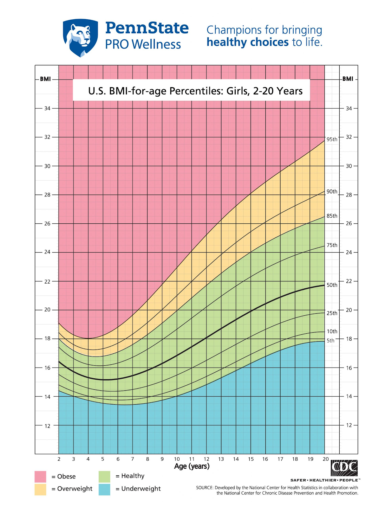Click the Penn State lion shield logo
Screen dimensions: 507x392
[x=80, y=37]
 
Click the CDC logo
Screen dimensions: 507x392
[x=344, y=468]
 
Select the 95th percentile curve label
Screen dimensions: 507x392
[x=332, y=139]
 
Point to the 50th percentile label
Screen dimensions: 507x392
[x=332, y=285]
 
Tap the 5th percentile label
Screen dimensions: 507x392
[x=330, y=341]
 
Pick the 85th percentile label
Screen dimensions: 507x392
[x=332, y=216]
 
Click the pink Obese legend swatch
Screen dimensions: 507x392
[x=40, y=477]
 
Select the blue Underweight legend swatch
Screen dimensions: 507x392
[x=104, y=489]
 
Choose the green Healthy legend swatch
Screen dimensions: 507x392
[x=104, y=476]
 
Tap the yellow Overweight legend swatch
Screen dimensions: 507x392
[x=40, y=489]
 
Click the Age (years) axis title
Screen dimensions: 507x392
[x=192, y=466]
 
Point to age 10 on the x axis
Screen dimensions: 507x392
[x=177, y=459]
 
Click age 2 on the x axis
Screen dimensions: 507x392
[x=59, y=459]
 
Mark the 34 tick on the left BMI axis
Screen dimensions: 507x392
[x=47, y=108]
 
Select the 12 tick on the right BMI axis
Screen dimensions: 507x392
[x=349, y=425]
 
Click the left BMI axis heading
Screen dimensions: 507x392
[x=45, y=79]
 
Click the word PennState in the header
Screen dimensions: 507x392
[x=147, y=28]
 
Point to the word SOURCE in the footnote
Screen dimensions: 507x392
[x=204, y=488]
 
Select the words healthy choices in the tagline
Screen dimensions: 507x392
[x=247, y=42]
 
